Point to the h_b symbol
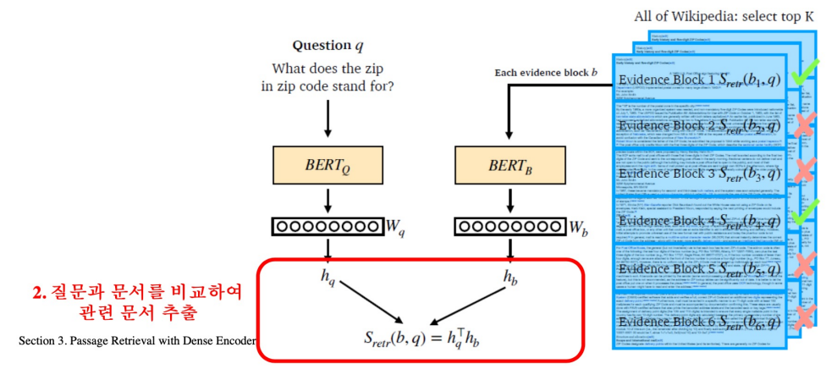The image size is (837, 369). pyautogui.click(x=509, y=277)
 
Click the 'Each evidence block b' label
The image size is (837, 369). pyautogui.click(x=546, y=73)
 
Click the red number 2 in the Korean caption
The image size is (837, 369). pyautogui.click(x=37, y=294)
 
